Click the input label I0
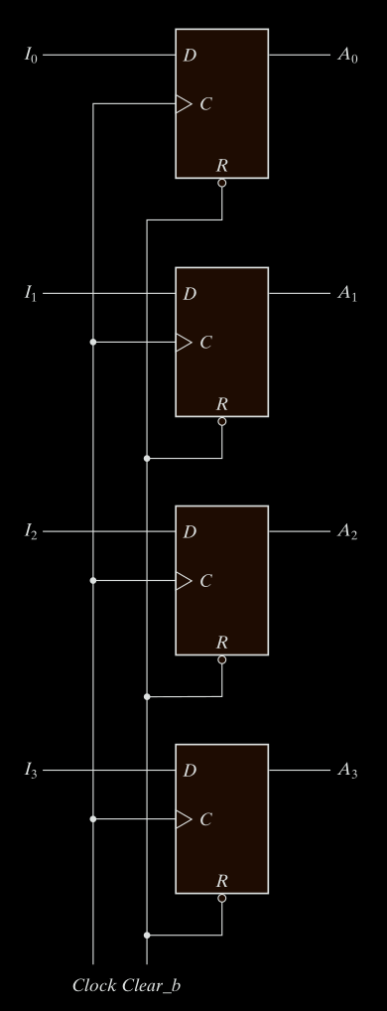pos(31,56)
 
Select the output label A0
pos(347,56)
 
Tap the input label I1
pos(31,294)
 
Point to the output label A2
pos(347,532)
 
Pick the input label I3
pos(31,771)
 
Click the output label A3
pos(347,771)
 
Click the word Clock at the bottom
pos(94,985)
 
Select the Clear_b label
pos(151,986)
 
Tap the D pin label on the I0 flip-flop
pos(190,56)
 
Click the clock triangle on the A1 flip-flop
pos(185,343)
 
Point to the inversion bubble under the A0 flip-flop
pos(222,183)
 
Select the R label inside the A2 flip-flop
pos(222,643)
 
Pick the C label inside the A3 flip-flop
pos(206,819)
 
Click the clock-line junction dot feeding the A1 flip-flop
pos(93,343)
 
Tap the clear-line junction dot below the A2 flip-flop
pos(147,697)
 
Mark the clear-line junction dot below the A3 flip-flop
pos(147,935)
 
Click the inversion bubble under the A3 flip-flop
pos(222,898)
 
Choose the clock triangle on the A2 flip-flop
pos(185,581)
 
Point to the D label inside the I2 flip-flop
pos(190,532)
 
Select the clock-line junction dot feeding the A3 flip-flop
pos(93,819)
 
